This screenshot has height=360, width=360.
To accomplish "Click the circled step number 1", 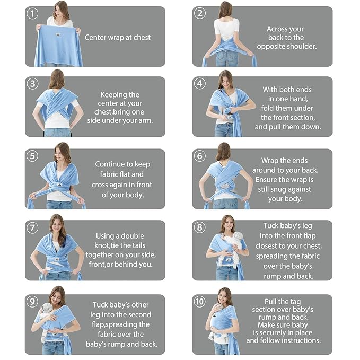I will point(33,13).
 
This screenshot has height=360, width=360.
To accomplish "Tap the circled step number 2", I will point(200,13).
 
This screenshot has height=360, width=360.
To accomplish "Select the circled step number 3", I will point(33,84).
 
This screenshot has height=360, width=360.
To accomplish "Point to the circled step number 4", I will point(200,84).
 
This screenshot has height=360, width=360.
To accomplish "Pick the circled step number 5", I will point(33,156).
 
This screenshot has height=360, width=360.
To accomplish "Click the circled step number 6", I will point(200,156).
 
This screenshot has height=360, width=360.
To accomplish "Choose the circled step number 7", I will point(33,228).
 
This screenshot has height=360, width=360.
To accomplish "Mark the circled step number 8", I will point(200,228).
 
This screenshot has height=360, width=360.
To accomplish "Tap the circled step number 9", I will point(33,302).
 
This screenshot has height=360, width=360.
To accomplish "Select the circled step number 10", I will point(200,302).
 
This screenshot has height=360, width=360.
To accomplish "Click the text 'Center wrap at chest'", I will point(118,38).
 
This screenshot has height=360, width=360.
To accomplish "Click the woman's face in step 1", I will point(61,11).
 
